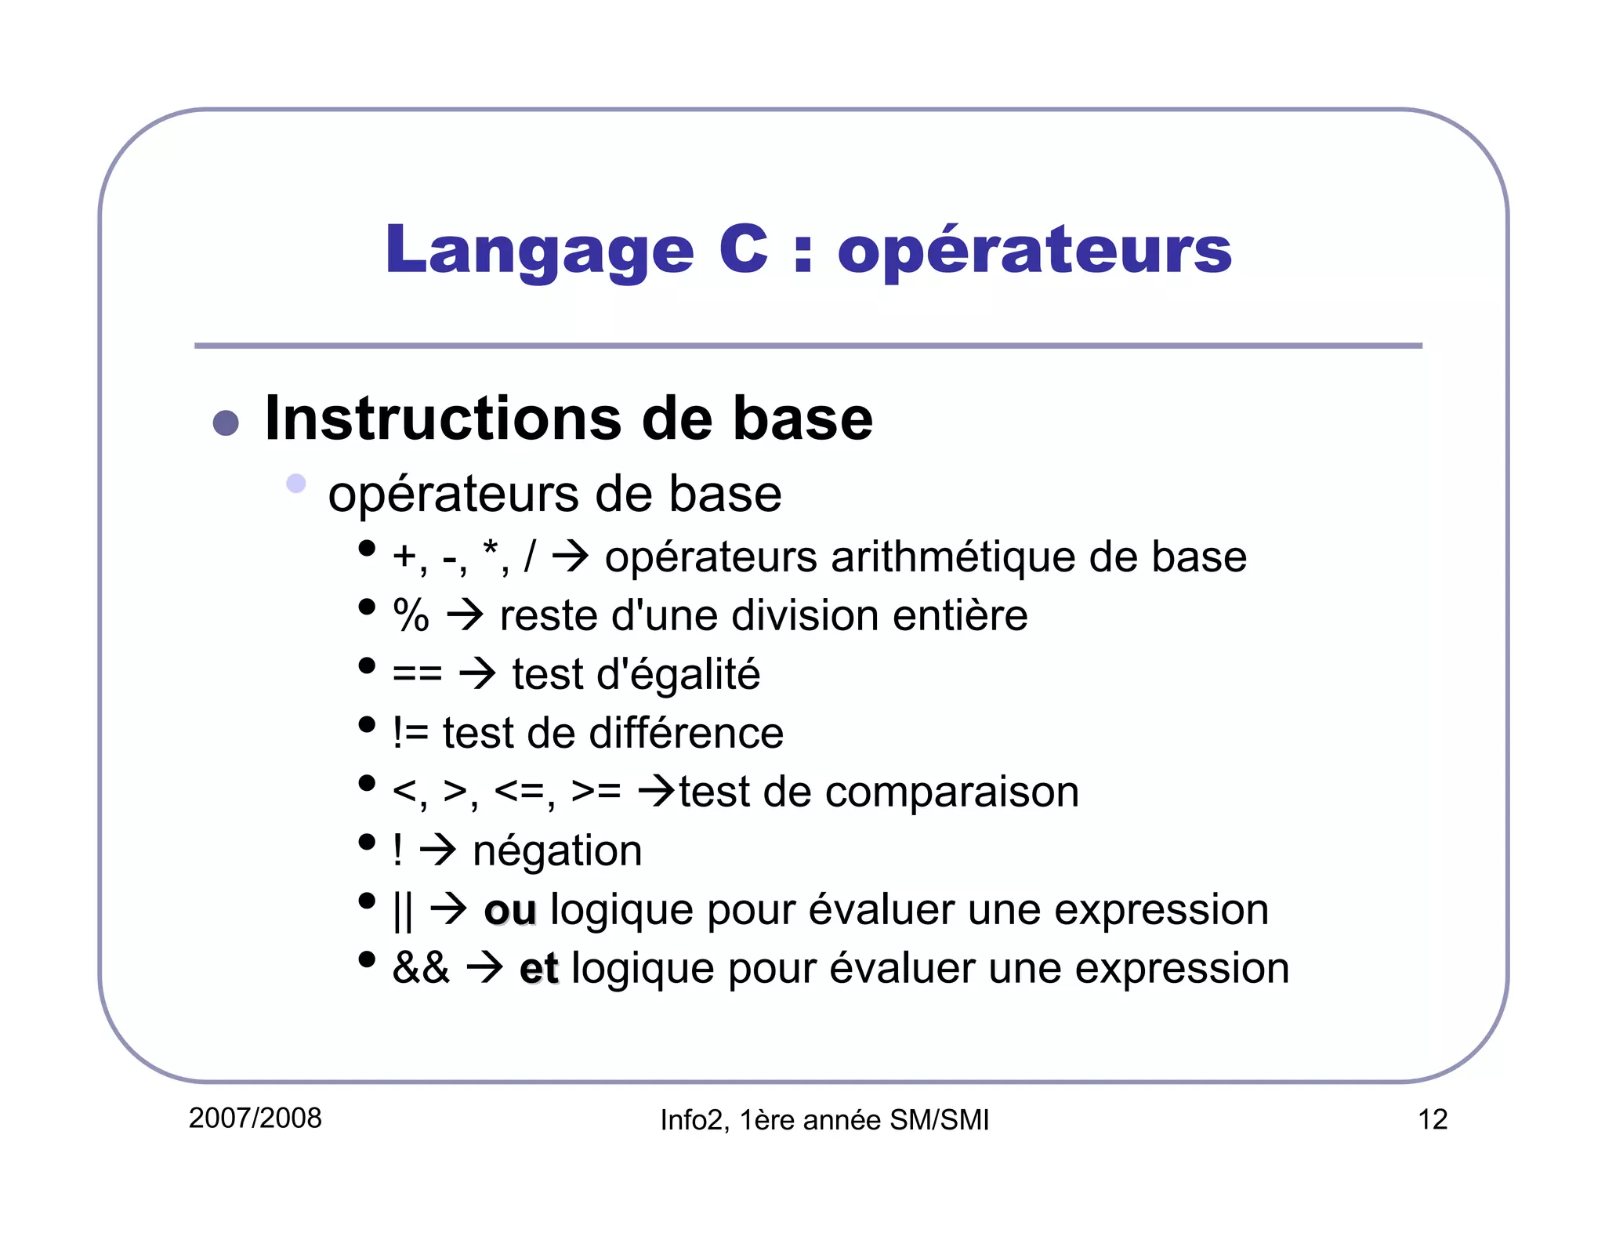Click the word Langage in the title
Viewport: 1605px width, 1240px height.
[539, 251]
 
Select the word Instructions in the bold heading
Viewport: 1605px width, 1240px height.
[442, 419]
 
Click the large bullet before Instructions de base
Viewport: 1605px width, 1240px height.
[226, 422]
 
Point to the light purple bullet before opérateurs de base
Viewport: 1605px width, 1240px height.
[296, 483]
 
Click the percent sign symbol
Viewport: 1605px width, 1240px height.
[411, 615]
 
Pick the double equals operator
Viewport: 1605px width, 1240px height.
[417, 674]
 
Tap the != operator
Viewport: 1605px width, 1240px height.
[411, 733]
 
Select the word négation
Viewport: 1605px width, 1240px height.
[557, 851]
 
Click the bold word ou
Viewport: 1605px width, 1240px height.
[510, 910]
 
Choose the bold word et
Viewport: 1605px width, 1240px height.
[538, 969]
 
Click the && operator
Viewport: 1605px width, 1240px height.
[421, 968]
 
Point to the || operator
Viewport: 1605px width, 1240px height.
[403, 911]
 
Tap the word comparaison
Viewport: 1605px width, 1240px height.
[952, 792]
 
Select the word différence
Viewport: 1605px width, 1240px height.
[686, 733]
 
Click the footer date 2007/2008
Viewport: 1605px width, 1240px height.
[255, 1118]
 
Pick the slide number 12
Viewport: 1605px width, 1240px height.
[1433, 1119]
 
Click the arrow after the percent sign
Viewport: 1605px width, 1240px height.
[466, 615]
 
